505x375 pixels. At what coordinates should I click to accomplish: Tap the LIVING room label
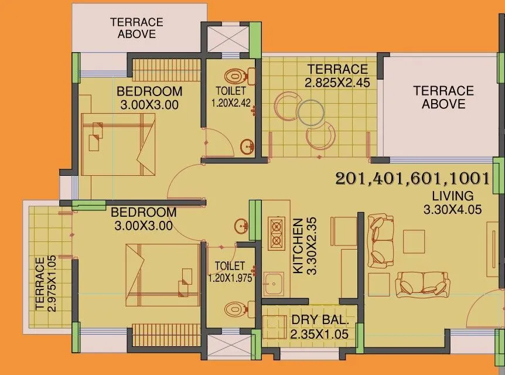[453, 196]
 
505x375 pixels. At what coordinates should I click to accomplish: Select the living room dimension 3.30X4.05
[453, 209]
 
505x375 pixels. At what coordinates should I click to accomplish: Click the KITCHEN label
[298, 246]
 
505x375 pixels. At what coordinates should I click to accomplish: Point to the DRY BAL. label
[320, 321]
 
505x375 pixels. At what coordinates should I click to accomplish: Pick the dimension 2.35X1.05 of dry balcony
[320, 334]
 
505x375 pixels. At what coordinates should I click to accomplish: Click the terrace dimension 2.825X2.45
[337, 83]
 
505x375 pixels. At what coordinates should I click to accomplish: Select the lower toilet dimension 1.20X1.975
[230, 278]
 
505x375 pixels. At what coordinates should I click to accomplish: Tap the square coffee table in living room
[414, 240]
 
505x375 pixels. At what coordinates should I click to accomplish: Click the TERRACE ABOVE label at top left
[137, 28]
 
